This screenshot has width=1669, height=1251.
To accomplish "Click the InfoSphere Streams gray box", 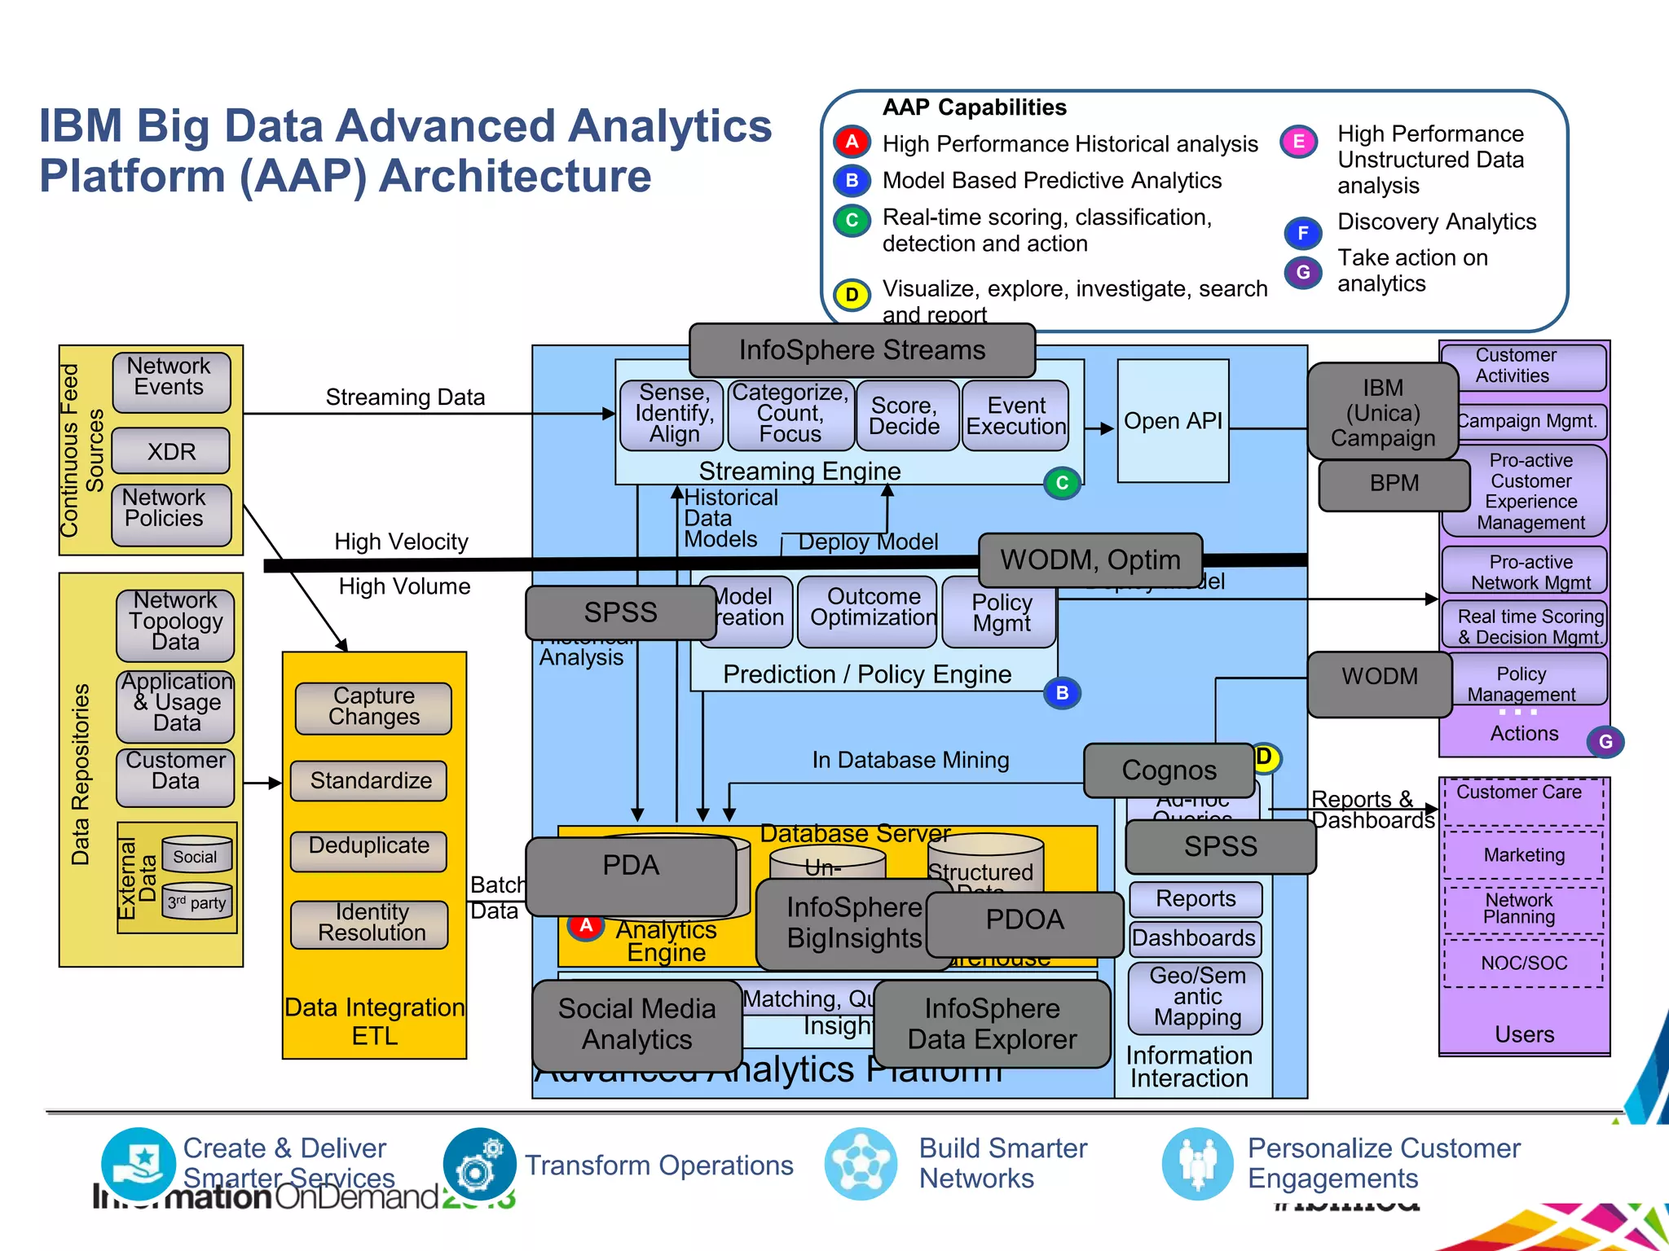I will (861, 350).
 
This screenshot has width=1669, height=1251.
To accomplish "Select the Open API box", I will (1173, 421).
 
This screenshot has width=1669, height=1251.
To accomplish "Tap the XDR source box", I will (171, 451).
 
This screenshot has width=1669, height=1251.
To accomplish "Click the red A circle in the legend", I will (852, 143).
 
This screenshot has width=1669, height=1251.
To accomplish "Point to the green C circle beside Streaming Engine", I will (1062, 483).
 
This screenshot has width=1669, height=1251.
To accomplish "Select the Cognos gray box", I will (1169, 770).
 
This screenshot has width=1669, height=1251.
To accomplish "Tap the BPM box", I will (1394, 484).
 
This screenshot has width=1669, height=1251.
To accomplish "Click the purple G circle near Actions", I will (1605, 742).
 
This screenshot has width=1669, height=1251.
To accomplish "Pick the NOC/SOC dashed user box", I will (1523, 963).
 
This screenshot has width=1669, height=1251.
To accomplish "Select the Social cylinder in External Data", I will (196, 854).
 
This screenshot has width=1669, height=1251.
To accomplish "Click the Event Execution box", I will (1015, 416).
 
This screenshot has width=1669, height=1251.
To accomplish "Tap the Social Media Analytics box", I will (636, 1025).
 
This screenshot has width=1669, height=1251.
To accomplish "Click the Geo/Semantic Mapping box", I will (1196, 997).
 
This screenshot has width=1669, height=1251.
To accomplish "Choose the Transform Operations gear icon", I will (478, 1165).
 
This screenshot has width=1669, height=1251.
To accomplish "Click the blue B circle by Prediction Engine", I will (1062, 693).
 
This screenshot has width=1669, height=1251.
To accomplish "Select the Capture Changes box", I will (373, 707).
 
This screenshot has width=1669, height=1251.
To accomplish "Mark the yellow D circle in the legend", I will (852, 294).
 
